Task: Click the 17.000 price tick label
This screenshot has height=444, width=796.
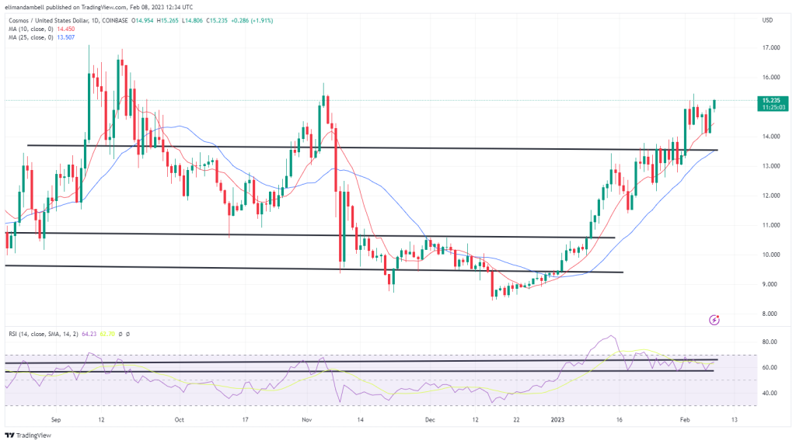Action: (x=771, y=48)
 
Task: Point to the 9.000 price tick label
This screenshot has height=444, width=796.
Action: (x=771, y=284)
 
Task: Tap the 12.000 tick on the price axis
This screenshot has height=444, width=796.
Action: (x=771, y=196)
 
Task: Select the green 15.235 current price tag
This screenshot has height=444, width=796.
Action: (x=771, y=100)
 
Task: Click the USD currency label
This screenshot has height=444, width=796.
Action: (x=768, y=19)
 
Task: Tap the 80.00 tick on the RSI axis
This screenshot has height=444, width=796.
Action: (x=770, y=342)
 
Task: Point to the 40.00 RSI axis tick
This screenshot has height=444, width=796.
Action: (x=770, y=393)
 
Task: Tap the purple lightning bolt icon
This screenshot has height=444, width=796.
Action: (x=714, y=319)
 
